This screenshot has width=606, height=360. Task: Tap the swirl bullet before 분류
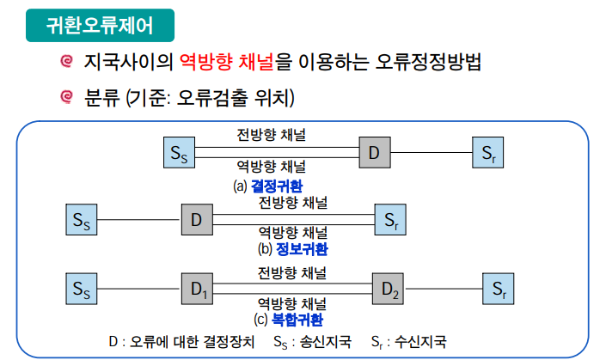click(65, 99)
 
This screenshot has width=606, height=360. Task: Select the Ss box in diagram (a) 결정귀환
click(178, 154)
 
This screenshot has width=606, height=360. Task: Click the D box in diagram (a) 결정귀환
click(375, 154)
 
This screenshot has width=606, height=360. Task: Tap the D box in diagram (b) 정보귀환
click(197, 220)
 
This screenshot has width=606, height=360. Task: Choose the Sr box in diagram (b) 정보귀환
click(391, 220)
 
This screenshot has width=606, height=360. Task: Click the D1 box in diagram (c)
click(197, 288)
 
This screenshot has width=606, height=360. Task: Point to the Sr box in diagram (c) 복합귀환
click(499, 288)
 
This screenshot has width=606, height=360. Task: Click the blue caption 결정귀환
click(276, 185)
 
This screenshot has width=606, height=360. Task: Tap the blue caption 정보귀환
click(301, 249)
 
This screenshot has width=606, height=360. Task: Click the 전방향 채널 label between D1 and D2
click(292, 273)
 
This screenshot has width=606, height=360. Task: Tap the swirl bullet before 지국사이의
click(65, 62)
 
